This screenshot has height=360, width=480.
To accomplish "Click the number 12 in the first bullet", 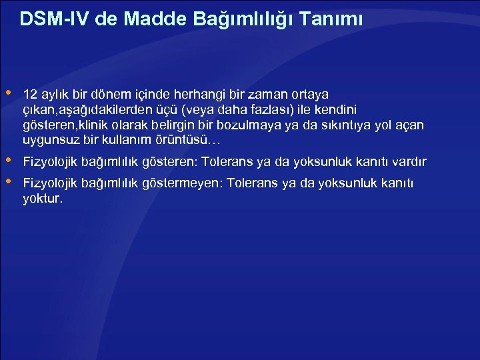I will pyautogui.click(x=29, y=94).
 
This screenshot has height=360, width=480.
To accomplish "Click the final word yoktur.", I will pyautogui.click(x=43, y=199).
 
